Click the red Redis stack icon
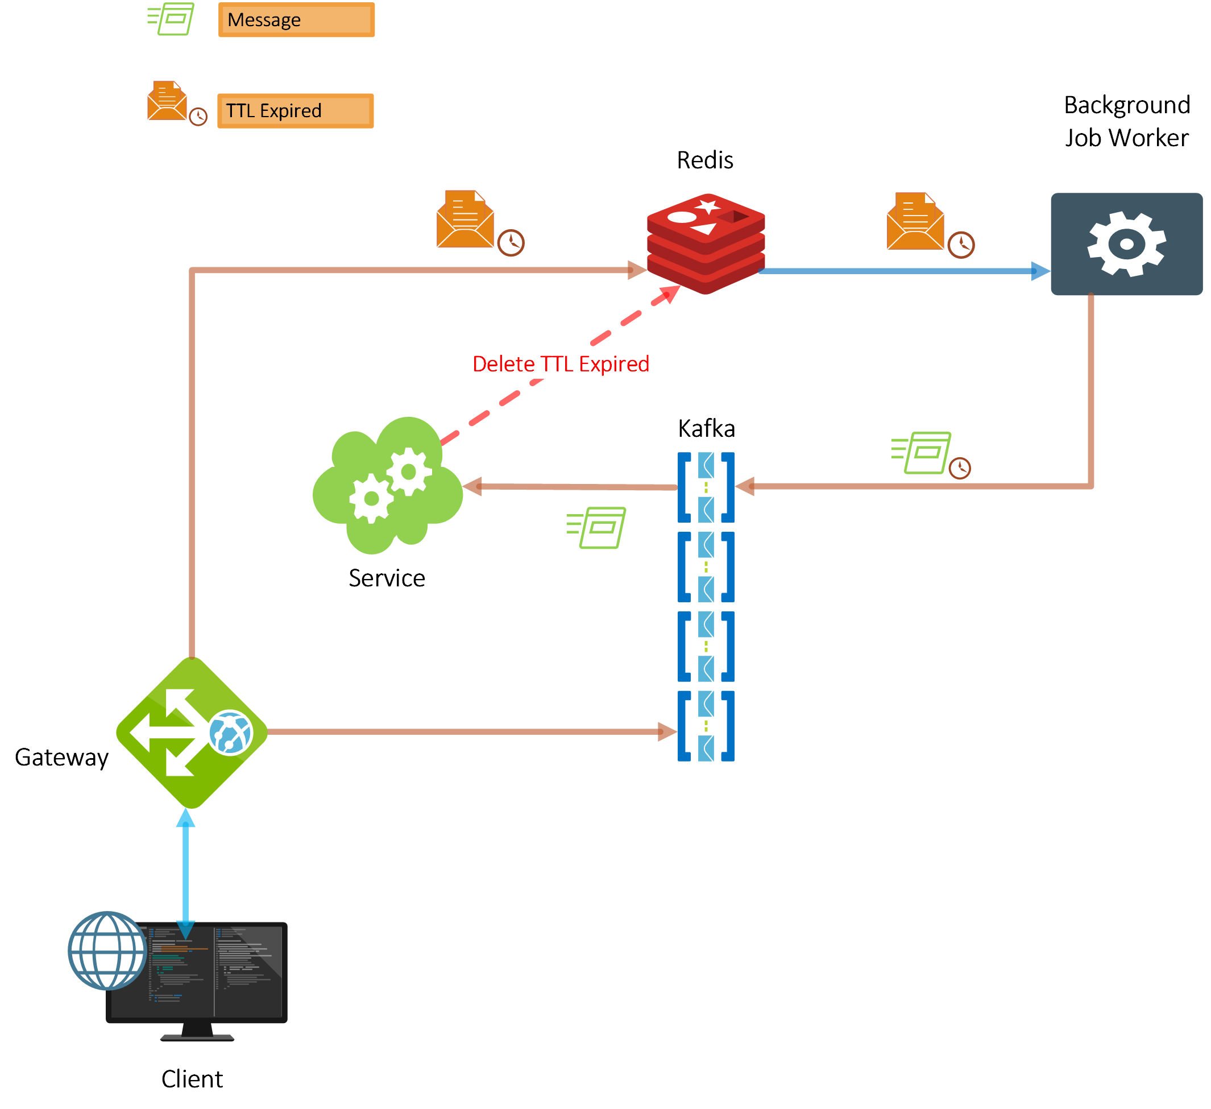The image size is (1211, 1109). [x=705, y=244]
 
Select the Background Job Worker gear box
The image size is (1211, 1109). [x=1126, y=244]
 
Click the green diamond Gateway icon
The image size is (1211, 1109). [x=192, y=733]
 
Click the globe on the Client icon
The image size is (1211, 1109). [x=107, y=950]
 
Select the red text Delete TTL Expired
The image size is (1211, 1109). [x=561, y=364]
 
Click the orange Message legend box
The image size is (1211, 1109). [x=296, y=20]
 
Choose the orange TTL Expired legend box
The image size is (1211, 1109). [x=295, y=111]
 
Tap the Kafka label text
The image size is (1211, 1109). [x=706, y=428]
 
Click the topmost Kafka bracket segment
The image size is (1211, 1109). [x=706, y=487]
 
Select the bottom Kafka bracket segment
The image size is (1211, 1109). [x=706, y=726]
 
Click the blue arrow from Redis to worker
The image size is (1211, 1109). [x=901, y=271]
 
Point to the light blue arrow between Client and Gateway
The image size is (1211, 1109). [x=185, y=871]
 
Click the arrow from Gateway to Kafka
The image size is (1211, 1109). [x=468, y=732]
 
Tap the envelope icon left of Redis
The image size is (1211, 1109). [x=466, y=220]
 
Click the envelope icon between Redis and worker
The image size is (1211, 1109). [x=915, y=222]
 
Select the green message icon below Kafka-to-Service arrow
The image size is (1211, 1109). [x=596, y=527]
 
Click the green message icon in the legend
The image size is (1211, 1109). [x=172, y=19]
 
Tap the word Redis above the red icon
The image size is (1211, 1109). [x=704, y=160]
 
